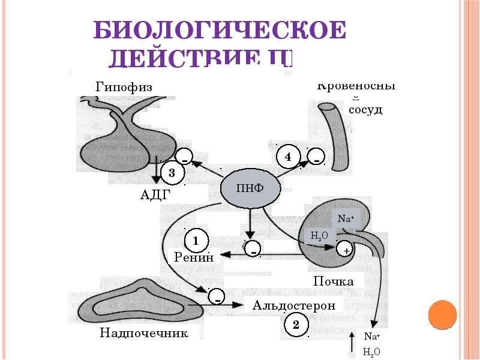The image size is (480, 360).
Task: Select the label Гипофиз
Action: (x=124, y=87)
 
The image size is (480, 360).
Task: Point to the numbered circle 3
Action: (x=171, y=173)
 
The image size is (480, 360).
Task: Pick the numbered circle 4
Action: (x=288, y=157)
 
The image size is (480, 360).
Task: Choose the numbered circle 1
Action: (x=196, y=241)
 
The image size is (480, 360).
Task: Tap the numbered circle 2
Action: (x=295, y=325)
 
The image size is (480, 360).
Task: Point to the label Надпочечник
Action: (x=145, y=333)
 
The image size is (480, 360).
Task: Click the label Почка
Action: (x=334, y=281)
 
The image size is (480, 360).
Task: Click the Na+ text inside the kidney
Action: (x=344, y=219)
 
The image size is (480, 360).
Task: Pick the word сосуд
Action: (x=365, y=111)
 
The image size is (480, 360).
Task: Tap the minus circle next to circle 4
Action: (x=316, y=158)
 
